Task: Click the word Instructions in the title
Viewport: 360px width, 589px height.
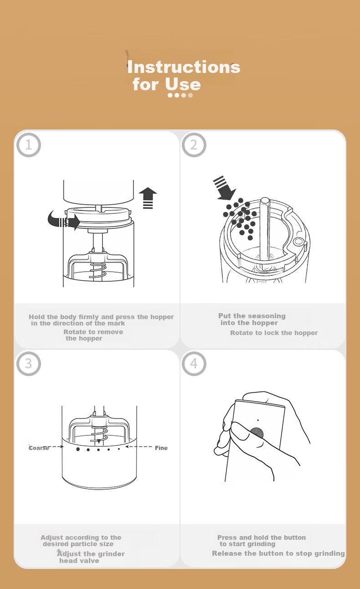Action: (184, 67)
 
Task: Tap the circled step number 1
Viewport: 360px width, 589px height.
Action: (29, 145)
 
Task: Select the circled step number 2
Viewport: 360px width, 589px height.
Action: (194, 145)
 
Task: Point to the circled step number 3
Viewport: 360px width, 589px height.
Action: (29, 364)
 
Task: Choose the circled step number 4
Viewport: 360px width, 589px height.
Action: (194, 364)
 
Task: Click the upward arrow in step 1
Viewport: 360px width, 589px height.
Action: (148, 198)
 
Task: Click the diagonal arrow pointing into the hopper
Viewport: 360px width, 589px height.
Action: (224, 188)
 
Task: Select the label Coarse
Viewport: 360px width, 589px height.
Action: (39, 448)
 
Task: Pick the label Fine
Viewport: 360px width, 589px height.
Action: (161, 448)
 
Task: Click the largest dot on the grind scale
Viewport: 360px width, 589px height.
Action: (78, 449)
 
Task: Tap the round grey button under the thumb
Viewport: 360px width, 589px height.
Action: (257, 433)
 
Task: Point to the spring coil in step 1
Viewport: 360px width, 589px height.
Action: (98, 271)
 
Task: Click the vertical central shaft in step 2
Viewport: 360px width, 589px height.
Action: (265, 229)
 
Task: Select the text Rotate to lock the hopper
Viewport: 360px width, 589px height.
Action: (274, 333)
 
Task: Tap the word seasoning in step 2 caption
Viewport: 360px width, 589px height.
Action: (267, 316)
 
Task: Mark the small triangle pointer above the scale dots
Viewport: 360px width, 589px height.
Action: (98, 441)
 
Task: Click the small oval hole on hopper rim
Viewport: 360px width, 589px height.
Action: (298, 241)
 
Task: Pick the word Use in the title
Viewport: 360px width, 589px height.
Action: (183, 84)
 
